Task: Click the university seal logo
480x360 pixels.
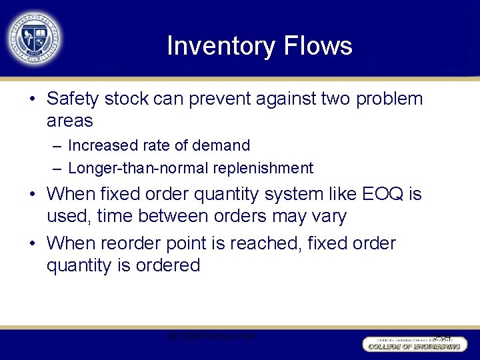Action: coord(35,38)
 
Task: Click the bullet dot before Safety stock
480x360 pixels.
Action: coord(32,99)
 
